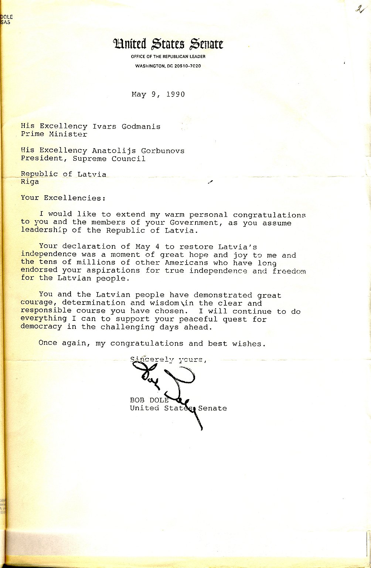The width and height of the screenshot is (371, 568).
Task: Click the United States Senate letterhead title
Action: pyautogui.click(x=168, y=44)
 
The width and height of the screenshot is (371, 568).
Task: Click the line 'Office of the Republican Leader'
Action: pyautogui.click(x=168, y=57)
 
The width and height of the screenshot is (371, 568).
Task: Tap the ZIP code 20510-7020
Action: pyautogui.click(x=188, y=66)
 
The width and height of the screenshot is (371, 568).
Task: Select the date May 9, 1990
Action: pyautogui.click(x=158, y=94)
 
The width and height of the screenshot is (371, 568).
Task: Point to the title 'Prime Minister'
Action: pyautogui.click(x=54, y=135)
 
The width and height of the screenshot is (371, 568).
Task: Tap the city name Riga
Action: pyautogui.click(x=30, y=182)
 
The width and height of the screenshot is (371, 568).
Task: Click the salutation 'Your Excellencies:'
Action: pyautogui.click(x=63, y=198)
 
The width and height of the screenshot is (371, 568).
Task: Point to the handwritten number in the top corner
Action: pyautogui.click(x=358, y=9)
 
